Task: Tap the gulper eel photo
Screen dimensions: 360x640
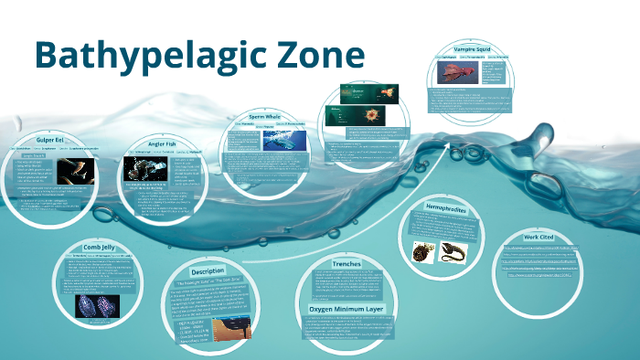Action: (x=75, y=172)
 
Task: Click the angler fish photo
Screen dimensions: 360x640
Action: (x=146, y=170)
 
